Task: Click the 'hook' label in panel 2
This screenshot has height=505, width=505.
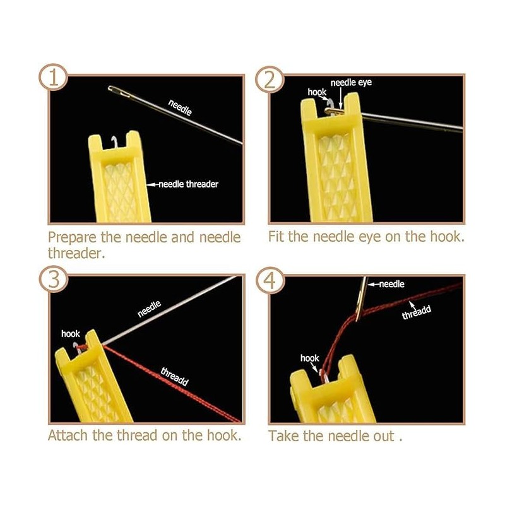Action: click(x=317, y=92)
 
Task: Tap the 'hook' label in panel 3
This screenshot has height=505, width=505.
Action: click(x=70, y=333)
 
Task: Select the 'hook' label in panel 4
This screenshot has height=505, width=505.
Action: click(x=310, y=358)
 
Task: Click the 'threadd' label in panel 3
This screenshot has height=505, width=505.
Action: click(x=175, y=377)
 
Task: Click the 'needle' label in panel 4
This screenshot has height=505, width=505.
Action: click(x=390, y=284)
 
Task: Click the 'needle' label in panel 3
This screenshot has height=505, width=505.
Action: click(x=150, y=309)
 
